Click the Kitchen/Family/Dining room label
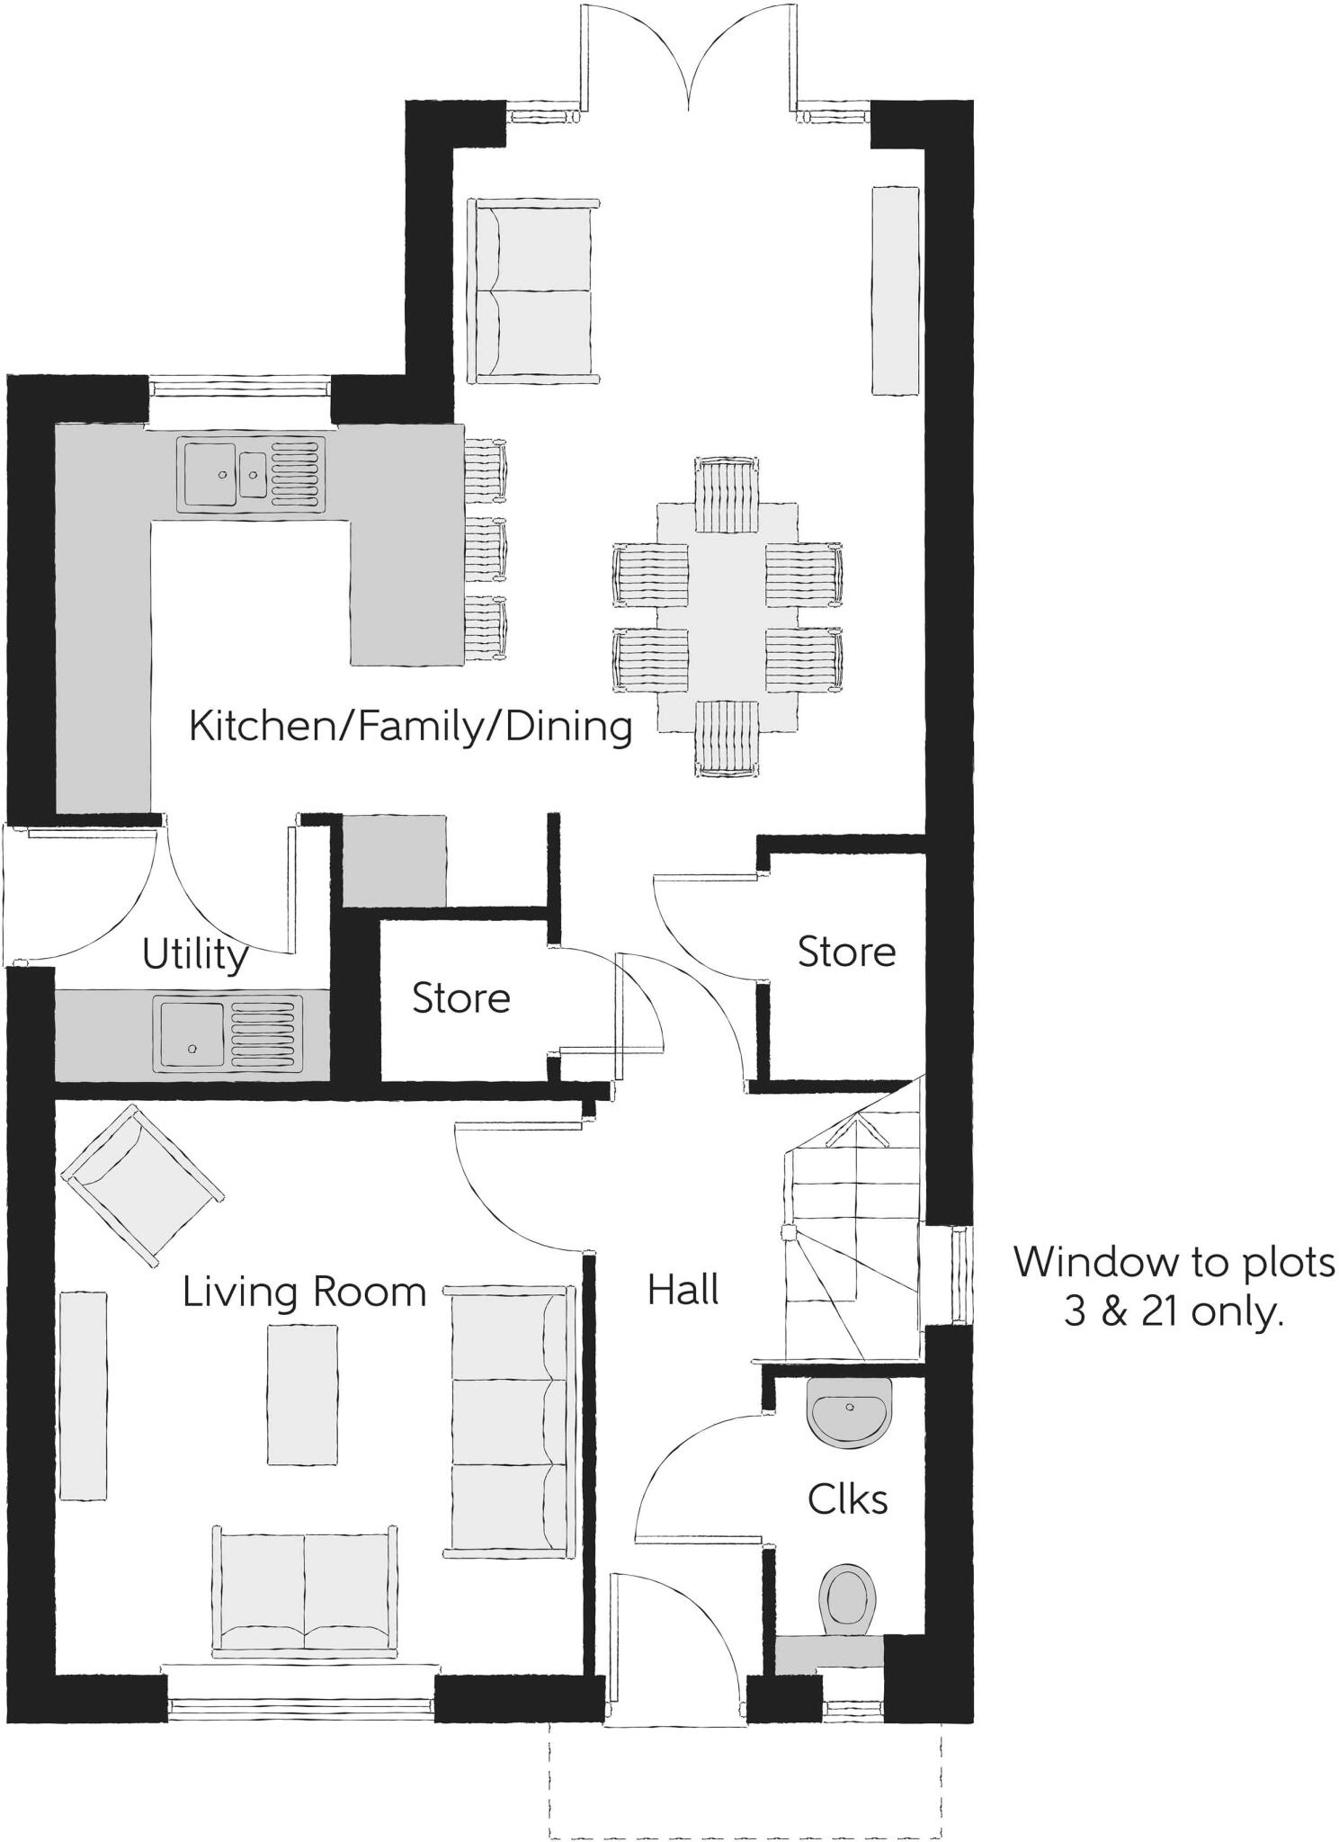tap(410, 726)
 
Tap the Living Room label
tap(304, 1292)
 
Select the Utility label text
tap(195, 954)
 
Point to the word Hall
tap(683, 1291)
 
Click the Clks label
tap(847, 1499)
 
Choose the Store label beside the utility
tap(460, 998)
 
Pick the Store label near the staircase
tap(846, 952)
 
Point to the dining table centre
tap(728, 617)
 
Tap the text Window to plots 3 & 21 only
tap(1174, 1287)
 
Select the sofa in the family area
tap(532, 291)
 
